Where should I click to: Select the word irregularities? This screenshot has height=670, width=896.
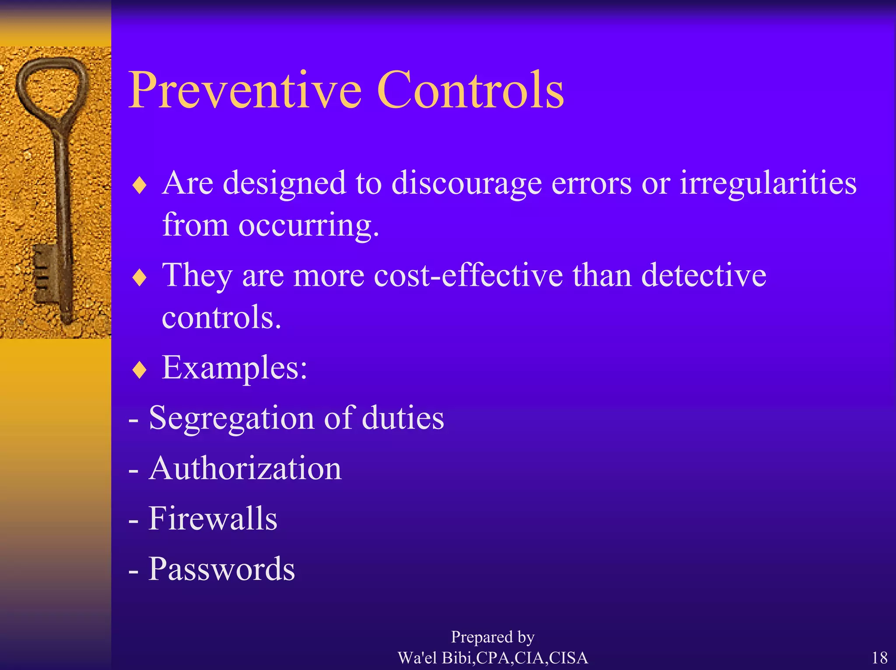click(x=768, y=183)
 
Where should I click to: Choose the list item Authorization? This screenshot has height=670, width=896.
click(x=245, y=468)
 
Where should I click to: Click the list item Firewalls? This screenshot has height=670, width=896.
click(x=213, y=519)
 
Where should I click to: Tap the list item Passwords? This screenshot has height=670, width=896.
click(x=221, y=569)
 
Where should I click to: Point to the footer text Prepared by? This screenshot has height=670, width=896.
click(x=493, y=637)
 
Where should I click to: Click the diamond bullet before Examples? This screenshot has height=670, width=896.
click(x=139, y=370)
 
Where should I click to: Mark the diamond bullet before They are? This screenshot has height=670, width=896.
click(x=139, y=277)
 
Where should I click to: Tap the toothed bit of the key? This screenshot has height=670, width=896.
click(x=44, y=274)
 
